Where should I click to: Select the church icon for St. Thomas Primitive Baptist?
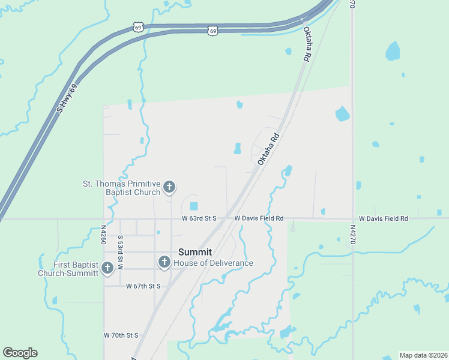pyautogui.click(x=169, y=187)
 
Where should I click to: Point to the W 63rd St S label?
pyautogui.click(x=199, y=218)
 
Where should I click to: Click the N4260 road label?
pyautogui.click(x=103, y=235)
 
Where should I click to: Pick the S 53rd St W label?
pyautogui.click(x=120, y=252)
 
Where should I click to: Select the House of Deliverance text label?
pyautogui.click(x=213, y=263)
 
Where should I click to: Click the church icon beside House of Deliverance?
pyautogui.click(x=164, y=262)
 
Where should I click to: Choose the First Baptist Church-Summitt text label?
pyautogui.click(x=68, y=269)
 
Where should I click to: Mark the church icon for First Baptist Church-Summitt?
pyautogui.click(x=107, y=268)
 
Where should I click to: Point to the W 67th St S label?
pyautogui.click(x=143, y=286)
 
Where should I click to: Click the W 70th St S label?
pyautogui.click(x=121, y=335)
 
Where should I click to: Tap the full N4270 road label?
pyautogui.click(x=352, y=235)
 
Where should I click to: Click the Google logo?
pyautogui.click(x=20, y=353)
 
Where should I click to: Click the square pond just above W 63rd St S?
pyautogui.click(x=193, y=206)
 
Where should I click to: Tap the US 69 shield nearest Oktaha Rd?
pyautogui.click(x=212, y=31)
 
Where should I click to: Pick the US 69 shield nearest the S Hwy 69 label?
pyautogui.click(x=138, y=28)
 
